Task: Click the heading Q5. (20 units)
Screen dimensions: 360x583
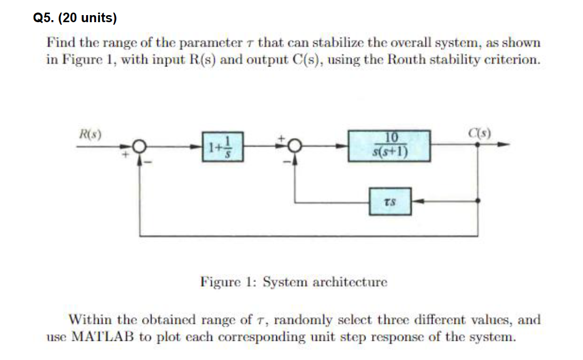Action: click(75, 19)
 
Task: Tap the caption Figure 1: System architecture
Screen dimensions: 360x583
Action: click(294, 281)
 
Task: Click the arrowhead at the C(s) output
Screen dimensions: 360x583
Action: click(505, 145)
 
